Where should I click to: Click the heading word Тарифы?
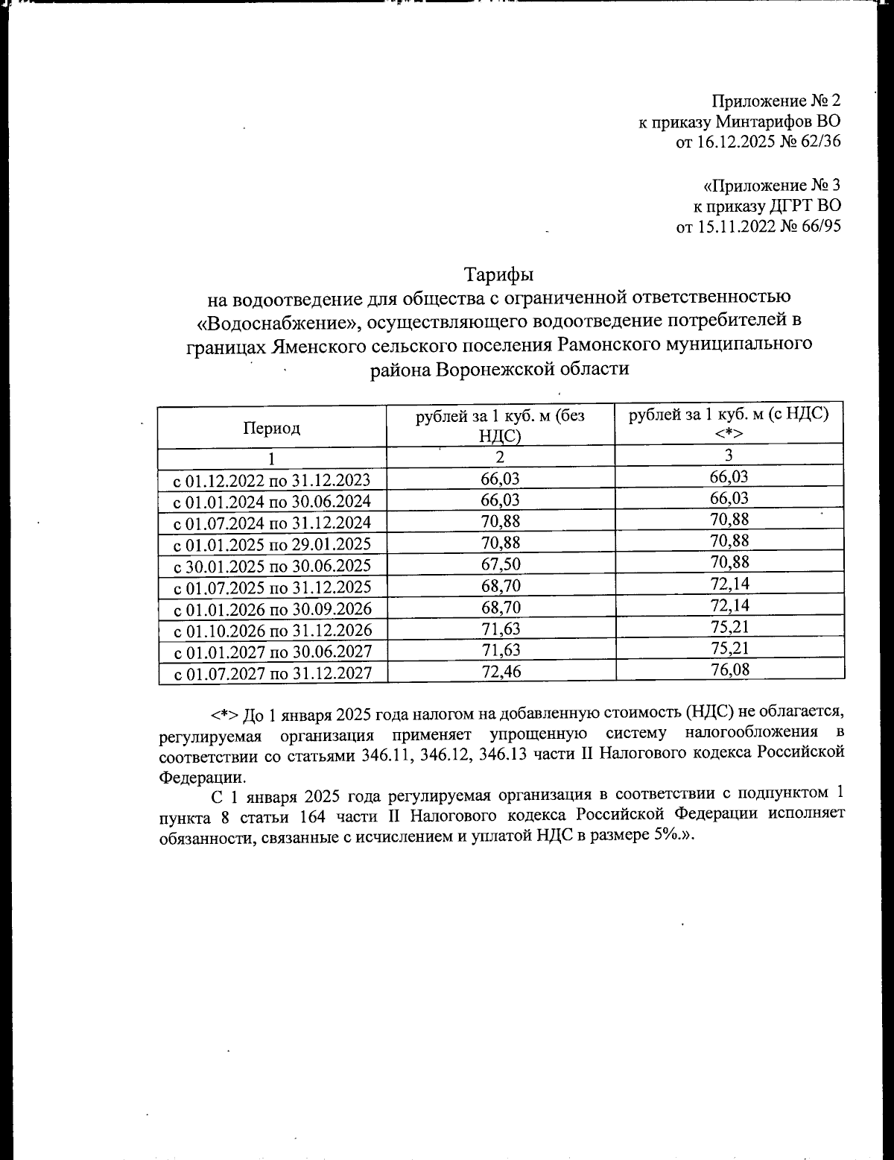[499, 275]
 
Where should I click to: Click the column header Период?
[271, 428]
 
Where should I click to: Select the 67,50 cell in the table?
[501, 564]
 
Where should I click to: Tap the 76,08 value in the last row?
[729, 669]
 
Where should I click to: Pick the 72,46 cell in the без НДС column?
[501, 672]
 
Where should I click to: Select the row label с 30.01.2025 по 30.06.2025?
[272, 566]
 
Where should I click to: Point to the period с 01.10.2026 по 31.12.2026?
[272, 631]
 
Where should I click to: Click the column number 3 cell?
[729, 456]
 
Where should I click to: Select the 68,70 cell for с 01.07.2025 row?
[501, 586]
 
